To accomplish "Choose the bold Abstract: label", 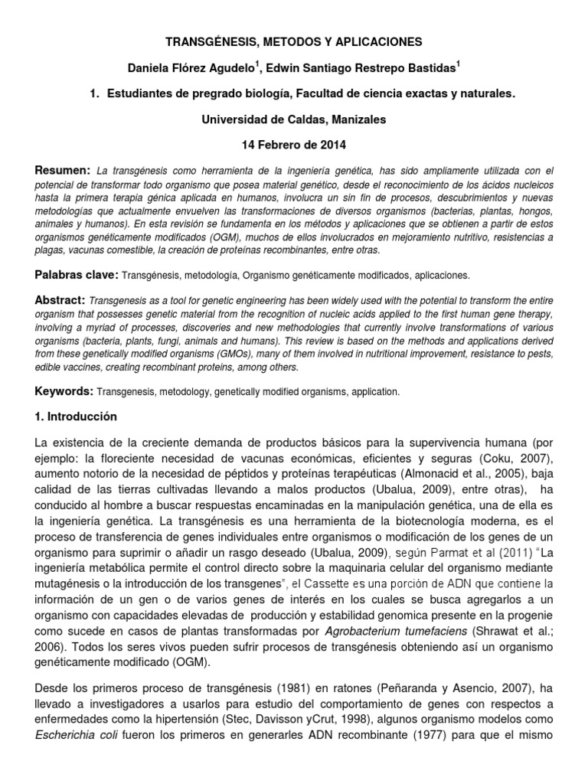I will [61, 300].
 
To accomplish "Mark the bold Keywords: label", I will [64, 391].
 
